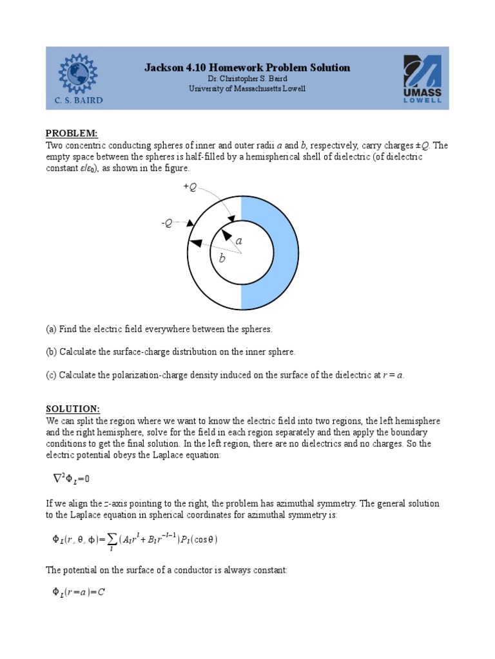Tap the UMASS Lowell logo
(x=422, y=79)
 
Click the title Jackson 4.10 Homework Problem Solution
(x=247, y=68)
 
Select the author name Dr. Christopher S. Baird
(x=247, y=79)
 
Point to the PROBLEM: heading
(x=71, y=133)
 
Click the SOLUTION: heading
(x=72, y=409)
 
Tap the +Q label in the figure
(x=190, y=187)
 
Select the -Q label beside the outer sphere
(x=167, y=223)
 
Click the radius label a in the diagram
(x=239, y=240)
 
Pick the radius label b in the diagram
(x=222, y=259)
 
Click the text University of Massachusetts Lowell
(x=247, y=88)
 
